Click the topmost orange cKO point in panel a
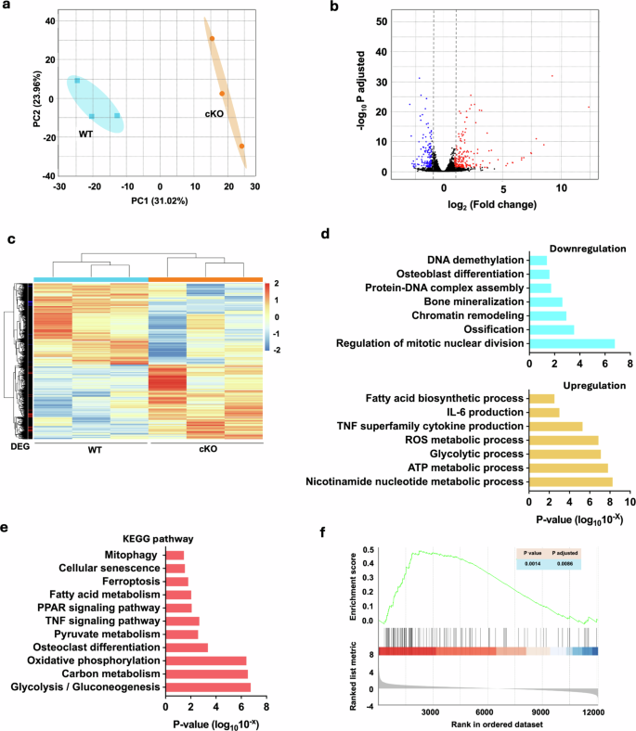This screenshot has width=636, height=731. click(212, 39)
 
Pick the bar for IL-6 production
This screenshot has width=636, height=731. click(542, 412)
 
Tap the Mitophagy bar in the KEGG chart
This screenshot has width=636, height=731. click(175, 554)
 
